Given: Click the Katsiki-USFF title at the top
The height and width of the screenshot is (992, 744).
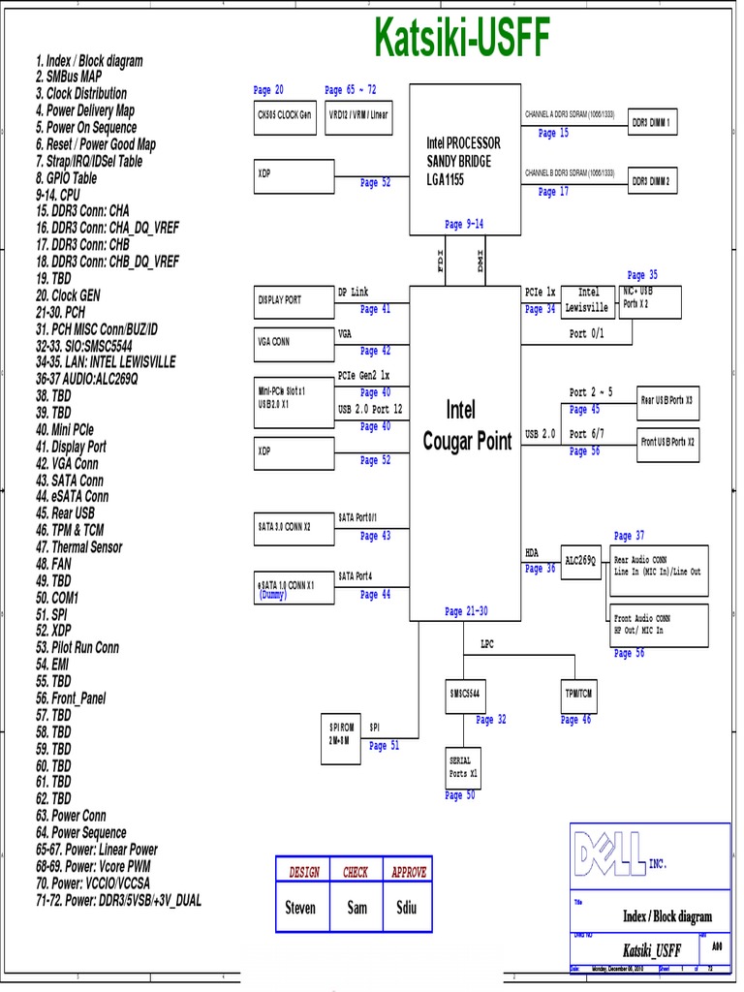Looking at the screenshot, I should coord(462,40).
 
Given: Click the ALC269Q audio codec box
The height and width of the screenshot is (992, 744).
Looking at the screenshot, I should coord(581,561).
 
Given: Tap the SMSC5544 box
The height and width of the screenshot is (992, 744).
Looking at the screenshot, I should coord(466,695).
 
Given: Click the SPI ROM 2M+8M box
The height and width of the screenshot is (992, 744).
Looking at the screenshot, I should coord(341,733).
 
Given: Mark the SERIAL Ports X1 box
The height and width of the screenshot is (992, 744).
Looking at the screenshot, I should coord(463,768).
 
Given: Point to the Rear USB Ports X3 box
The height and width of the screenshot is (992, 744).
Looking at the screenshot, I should coord(667,399).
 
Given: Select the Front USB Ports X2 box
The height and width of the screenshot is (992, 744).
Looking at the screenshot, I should coord(667,442).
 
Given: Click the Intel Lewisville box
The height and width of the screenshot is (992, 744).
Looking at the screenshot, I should coord(589,300).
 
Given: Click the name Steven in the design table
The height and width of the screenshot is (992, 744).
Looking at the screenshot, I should coord(300,909).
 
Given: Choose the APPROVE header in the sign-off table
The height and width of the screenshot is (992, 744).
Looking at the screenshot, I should coord(408,872).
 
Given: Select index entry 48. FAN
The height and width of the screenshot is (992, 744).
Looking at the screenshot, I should coord(54,563).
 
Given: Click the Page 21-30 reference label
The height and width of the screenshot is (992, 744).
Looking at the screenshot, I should coord(466,611).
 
